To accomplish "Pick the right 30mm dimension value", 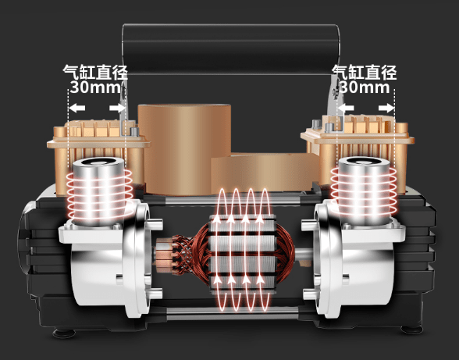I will [365, 87].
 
